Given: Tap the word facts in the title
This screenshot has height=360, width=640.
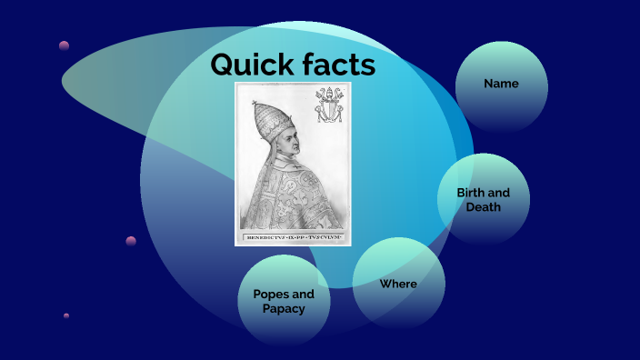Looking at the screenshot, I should (337, 65).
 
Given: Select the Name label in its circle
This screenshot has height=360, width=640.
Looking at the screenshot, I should (501, 84).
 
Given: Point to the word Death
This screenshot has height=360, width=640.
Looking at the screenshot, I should (484, 207).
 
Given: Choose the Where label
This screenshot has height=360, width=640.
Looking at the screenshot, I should (398, 285).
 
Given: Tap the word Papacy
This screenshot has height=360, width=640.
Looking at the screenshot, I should (284, 308).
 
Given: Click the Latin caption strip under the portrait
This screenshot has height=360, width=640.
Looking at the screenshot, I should (292, 238).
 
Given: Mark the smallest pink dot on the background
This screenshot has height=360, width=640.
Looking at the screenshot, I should (66, 315).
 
